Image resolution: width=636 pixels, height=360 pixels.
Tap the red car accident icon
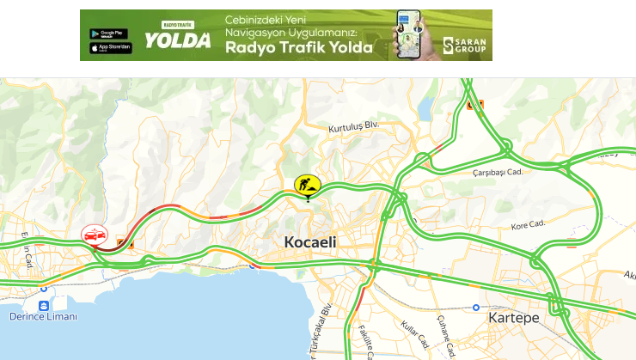pyautogui.click(x=93, y=235)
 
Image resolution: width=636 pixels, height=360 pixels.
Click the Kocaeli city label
pyautogui.click(x=310, y=243)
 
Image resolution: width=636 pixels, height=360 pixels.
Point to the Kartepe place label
pyautogui.click(x=513, y=318)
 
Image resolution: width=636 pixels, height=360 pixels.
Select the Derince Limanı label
pyautogui.click(x=43, y=317)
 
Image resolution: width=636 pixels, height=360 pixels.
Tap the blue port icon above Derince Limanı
pyautogui.click(x=43, y=304)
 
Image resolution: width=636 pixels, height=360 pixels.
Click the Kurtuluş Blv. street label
pyautogui.click(x=353, y=128)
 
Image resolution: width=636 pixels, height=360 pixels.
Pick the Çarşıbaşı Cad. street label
pyautogui.click(x=498, y=172)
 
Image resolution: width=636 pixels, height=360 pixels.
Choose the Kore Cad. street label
pyautogui.click(x=529, y=225)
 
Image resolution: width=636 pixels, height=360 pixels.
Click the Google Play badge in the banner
pyautogui.click(x=111, y=34)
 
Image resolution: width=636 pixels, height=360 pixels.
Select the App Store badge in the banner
pyautogui.click(x=111, y=48)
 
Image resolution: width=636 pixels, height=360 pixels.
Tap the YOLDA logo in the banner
pyautogui.click(x=177, y=40)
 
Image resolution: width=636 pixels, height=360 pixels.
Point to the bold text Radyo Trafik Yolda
pyautogui.click(x=298, y=48)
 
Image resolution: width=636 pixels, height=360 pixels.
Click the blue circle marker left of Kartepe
pyautogui.click(x=476, y=308)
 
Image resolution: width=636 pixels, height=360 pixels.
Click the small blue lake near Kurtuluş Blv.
pyautogui.click(x=426, y=107)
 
